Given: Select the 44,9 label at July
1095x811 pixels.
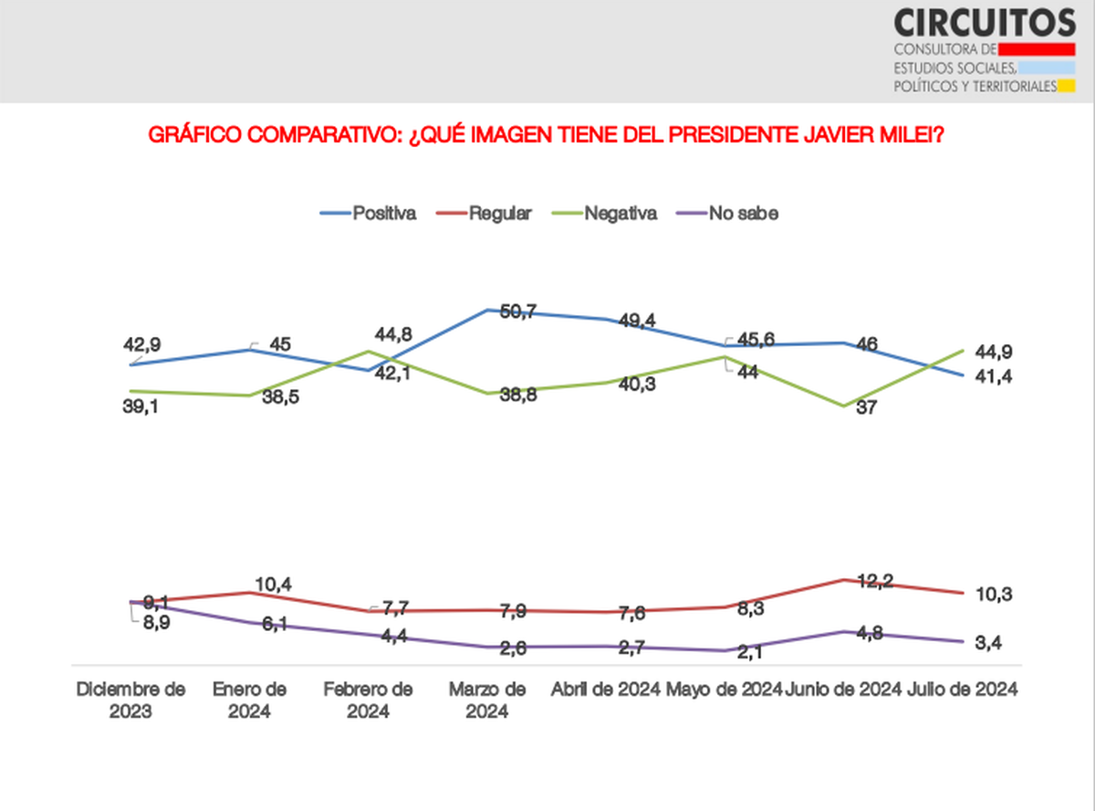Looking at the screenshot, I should (993, 353).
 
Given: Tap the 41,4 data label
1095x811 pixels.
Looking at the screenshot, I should (993, 376).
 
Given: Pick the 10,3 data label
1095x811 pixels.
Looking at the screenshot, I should (993, 595).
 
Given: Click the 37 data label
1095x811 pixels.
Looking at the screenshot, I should (866, 408).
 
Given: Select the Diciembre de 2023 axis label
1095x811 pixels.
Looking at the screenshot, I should (130, 700).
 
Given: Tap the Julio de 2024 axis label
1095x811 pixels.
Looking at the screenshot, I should (964, 690).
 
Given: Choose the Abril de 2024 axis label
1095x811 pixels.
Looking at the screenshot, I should (606, 690).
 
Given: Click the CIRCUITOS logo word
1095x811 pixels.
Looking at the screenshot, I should (985, 22).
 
